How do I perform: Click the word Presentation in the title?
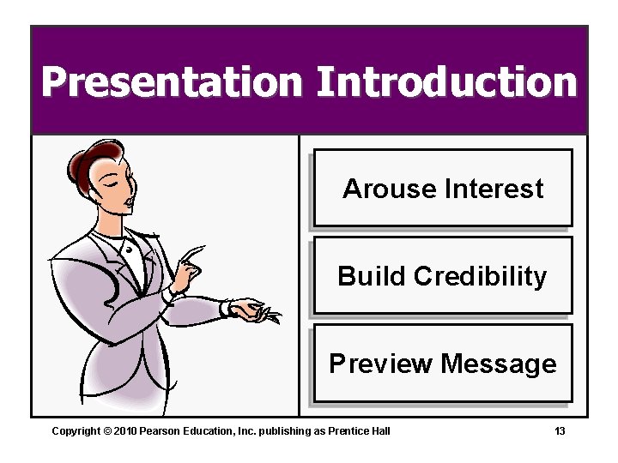coord(172,83)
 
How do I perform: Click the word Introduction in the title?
coord(446,83)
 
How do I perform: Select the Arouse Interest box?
coord(442,188)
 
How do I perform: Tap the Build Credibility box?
coord(442,275)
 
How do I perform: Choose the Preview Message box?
coord(442,364)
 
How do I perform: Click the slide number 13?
coord(560,430)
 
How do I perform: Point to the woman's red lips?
coord(130,203)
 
